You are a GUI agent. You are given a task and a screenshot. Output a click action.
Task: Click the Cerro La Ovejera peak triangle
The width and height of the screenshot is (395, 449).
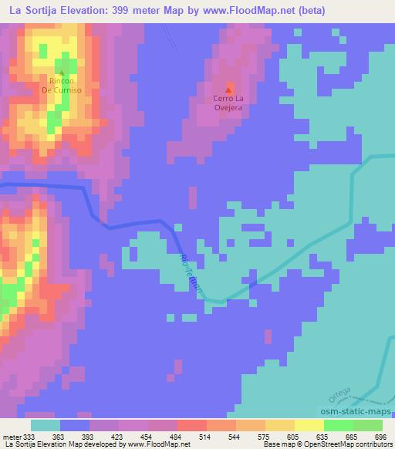point(228,90)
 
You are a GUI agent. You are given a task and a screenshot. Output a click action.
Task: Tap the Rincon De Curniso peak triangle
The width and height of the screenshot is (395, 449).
point(61,73)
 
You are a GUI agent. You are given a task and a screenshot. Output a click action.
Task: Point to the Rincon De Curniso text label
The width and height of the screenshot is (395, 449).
point(61,85)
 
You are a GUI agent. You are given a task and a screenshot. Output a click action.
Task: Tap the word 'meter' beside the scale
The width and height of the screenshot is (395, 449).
point(12,436)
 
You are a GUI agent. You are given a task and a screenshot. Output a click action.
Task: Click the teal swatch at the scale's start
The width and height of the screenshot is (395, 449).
point(46,424)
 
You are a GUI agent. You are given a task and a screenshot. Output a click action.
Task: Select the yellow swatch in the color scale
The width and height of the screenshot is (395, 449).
point(309,424)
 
